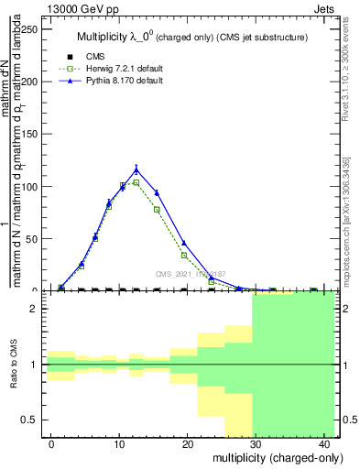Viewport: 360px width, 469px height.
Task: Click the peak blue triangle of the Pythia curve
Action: click(x=136, y=169)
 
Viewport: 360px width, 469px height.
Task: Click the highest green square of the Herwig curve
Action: click(x=136, y=181)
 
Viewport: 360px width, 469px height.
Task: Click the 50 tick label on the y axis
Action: click(x=30, y=238)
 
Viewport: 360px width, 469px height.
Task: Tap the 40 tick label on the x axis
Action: click(x=323, y=444)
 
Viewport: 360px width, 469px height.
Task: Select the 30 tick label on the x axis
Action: click(x=256, y=444)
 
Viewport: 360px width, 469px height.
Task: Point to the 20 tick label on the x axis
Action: click(x=188, y=444)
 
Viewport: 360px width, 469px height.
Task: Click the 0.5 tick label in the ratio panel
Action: click(x=28, y=420)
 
